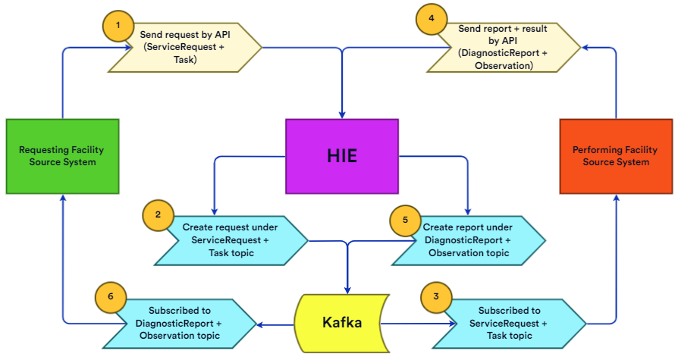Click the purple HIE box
341,155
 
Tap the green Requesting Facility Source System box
62,155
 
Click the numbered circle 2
158,214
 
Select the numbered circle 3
435,297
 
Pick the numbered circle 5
405,219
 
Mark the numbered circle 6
111,297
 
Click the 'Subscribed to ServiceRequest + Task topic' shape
512,323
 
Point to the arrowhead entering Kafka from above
348,290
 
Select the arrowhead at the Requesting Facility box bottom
62,197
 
